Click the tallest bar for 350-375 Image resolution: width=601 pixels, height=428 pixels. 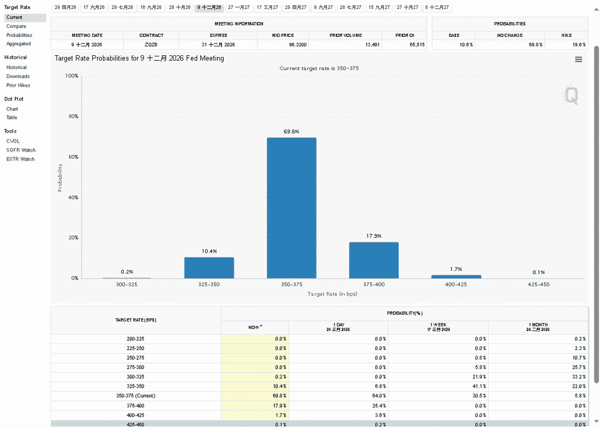coord(292,208)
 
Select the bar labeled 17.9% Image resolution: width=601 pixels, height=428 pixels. coord(374,260)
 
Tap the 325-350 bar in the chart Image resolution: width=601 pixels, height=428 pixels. coord(209,267)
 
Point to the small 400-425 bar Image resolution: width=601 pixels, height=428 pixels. coord(456,276)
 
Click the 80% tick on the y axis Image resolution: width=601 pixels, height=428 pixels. coord(74,117)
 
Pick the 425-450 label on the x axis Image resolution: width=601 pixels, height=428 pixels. coord(539,284)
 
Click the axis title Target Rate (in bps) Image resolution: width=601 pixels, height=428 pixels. coord(332,294)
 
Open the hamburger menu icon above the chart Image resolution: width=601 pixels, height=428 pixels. coord(578,59)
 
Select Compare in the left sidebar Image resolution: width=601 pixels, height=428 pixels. coord(16,26)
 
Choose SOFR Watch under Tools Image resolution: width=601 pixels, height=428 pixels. coord(21,150)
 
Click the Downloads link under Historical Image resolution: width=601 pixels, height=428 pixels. coord(18,76)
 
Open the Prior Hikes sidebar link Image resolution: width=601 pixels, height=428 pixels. coord(18,86)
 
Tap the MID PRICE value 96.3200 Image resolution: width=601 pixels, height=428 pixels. coord(298,45)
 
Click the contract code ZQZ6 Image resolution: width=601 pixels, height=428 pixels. coord(151,45)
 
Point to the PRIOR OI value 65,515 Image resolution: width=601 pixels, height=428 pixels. coord(417,45)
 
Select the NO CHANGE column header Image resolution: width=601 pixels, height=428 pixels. coord(510,35)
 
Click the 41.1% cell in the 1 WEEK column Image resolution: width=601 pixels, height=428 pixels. coord(479,386)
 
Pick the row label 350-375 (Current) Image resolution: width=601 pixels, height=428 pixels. coord(136,396)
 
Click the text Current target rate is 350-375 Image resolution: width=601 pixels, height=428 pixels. coord(319,68)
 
